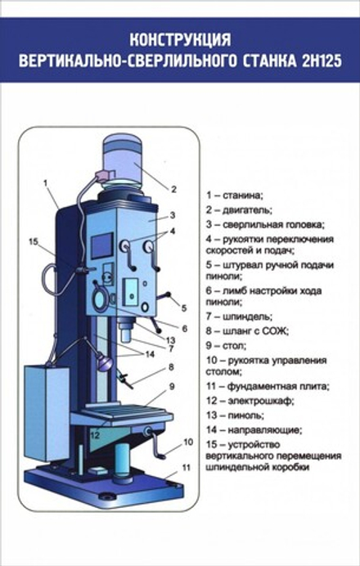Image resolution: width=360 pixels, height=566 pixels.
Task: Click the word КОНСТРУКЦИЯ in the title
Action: coord(180,40)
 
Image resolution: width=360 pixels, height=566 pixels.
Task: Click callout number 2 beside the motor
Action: coord(173,189)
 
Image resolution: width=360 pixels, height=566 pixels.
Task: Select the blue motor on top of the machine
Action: coord(123,159)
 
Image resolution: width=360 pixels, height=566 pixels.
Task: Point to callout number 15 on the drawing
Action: coord(34,242)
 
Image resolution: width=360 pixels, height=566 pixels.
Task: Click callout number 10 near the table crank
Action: coord(188,442)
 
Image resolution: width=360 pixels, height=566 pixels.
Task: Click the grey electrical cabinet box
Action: coord(46,412)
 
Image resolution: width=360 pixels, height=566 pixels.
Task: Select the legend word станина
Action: coord(243,195)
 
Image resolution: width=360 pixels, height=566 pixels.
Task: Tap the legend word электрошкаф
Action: coord(261,401)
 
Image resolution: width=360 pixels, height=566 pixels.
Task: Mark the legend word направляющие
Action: coord(265,430)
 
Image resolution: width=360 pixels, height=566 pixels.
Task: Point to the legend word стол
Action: coord(235,346)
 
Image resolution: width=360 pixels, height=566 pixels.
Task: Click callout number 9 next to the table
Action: coord(172,387)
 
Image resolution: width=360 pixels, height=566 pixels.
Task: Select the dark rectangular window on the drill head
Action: coord(102,245)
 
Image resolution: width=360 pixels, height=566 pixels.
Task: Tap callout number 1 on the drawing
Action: coord(46,183)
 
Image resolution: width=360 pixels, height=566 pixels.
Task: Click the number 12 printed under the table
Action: coord(95,435)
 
